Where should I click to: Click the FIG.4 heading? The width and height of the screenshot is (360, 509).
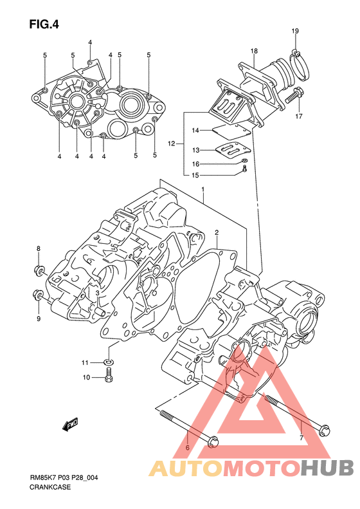(44, 24)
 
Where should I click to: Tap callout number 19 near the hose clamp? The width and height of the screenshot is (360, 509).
(295, 31)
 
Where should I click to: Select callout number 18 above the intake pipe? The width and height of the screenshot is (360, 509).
(254, 51)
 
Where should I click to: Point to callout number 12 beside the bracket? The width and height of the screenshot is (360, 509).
(172, 143)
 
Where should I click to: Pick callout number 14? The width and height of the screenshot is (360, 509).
(195, 131)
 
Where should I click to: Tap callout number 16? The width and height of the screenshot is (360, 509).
(195, 164)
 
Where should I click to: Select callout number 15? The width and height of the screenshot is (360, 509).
(195, 175)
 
